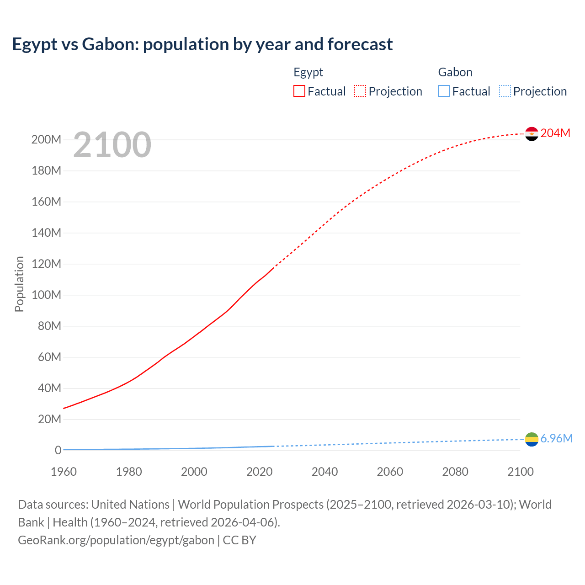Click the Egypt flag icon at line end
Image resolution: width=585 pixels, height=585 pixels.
click(x=532, y=133)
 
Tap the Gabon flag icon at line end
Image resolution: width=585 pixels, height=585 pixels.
click(x=532, y=439)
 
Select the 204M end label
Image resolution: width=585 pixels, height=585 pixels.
click(x=555, y=133)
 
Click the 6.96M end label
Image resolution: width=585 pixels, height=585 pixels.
click(x=556, y=439)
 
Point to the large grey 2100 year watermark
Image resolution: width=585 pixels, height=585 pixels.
click(x=112, y=144)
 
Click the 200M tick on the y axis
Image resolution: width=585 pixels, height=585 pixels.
click(x=46, y=139)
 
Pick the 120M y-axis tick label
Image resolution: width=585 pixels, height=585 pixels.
click(x=46, y=264)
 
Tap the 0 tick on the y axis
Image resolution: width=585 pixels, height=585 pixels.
click(x=58, y=450)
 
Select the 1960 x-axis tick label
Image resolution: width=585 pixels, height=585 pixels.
click(x=64, y=472)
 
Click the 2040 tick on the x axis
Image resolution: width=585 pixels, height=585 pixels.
click(x=324, y=472)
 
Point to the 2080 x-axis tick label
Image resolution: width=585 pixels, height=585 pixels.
click(x=455, y=472)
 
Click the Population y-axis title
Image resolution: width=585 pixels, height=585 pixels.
click(x=19, y=284)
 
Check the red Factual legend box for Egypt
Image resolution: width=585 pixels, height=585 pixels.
click(x=299, y=91)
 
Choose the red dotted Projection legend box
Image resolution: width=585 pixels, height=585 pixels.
click(x=360, y=91)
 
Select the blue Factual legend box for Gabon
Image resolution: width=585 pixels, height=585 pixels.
click(x=444, y=91)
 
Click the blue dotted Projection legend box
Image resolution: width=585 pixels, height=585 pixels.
click(x=505, y=91)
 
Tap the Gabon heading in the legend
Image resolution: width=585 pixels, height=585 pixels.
click(x=455, y=72)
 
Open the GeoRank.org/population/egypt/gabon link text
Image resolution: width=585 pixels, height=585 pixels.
click(x=116, y=540)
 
